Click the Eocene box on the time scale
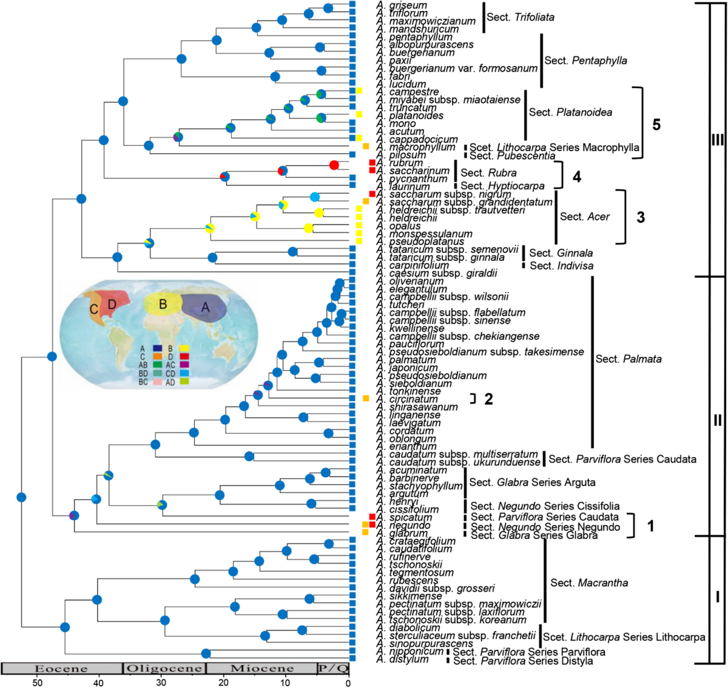tap(61, 669)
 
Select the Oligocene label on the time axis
tap(164, 669)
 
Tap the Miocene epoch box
tap(261, 669)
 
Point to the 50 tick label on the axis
tap(38, 683)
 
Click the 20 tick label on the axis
tap(223, 683)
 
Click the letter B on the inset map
tap(163, 303)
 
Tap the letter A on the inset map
tap(205, 308)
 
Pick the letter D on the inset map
tap(112, 303)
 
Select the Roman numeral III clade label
tap(717, 140)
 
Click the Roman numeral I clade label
tap(717, 597)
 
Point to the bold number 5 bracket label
tap(656, 124)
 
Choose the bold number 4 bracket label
tap(576, 177)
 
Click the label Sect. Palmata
tap(628, 359)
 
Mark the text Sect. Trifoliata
tap(520, 17)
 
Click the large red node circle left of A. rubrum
tap(334, 165)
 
